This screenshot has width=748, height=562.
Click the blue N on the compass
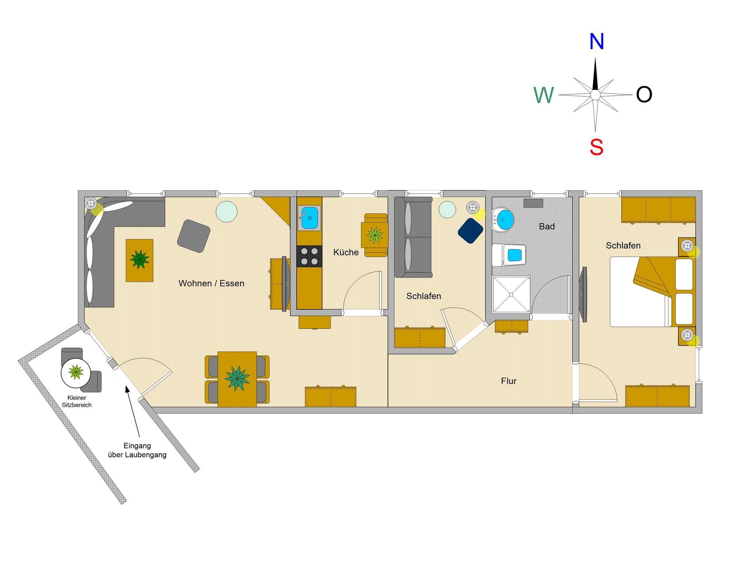[x=596, y=42]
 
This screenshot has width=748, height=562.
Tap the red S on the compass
[x=596, y=148]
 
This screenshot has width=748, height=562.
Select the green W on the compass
[x=544, y=95]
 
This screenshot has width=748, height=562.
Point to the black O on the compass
[x=644, y=95]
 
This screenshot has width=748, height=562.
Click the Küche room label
[x=346, y=252]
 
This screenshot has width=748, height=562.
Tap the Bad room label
[x=547, y=227]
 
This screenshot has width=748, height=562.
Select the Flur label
[x=509, y=381]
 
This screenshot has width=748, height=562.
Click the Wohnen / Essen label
[x=211, y=283]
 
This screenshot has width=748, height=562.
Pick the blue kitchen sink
[x=309, y=218]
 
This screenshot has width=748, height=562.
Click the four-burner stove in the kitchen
[x=309, y=256]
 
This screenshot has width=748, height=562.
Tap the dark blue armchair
[x=471, y=231]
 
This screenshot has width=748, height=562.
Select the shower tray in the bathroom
[x=511, y=295]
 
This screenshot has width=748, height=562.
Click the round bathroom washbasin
[x=503, y=220]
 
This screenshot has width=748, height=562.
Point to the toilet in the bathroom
[x=509, y=255]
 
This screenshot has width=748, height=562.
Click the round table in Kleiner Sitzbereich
[x=76, y=372]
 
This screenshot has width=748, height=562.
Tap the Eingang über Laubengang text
[x=137, y=450]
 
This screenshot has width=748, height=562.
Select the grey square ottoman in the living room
[x=194, y=236]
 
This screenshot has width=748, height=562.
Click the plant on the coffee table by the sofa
[x=140, y=259]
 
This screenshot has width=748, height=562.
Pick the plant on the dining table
[x=237, y=379]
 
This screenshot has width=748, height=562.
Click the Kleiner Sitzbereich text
[x=77, y=401]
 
